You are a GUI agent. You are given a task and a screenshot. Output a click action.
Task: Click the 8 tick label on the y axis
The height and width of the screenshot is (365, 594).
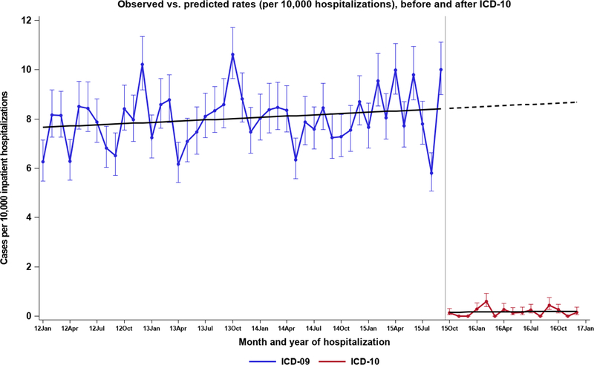28,119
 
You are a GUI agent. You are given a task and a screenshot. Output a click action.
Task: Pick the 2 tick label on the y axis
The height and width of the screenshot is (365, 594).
28,266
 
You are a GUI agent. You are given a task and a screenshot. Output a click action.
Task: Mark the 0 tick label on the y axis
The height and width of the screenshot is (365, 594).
28,316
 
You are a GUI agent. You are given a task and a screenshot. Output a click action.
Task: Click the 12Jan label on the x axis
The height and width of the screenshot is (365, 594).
42,327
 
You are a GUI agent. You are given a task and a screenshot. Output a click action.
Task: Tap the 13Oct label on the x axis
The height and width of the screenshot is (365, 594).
232,327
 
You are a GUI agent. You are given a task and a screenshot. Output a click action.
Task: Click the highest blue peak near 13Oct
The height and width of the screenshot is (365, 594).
232,54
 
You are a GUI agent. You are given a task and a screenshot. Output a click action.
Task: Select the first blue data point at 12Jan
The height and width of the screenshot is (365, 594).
43,162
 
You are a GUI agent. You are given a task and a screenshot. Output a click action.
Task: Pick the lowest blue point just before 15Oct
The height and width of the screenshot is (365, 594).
431,173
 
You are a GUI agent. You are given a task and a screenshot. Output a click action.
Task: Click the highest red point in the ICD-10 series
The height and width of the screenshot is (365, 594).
486,302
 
